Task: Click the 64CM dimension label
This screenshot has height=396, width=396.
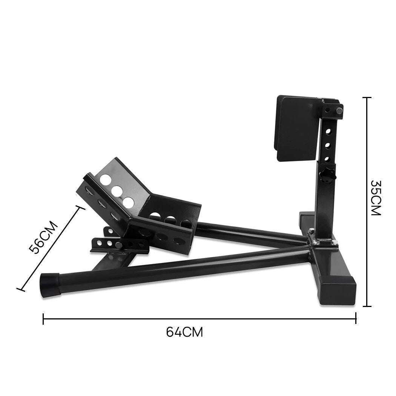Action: tap(184, 332)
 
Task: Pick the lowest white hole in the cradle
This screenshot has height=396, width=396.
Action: tap(129, 202)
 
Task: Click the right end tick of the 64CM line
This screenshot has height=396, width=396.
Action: tap(356, 319)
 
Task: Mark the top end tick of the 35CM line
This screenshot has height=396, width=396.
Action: tap(367, 97)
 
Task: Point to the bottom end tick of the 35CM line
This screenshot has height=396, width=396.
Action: tap(367, 306)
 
